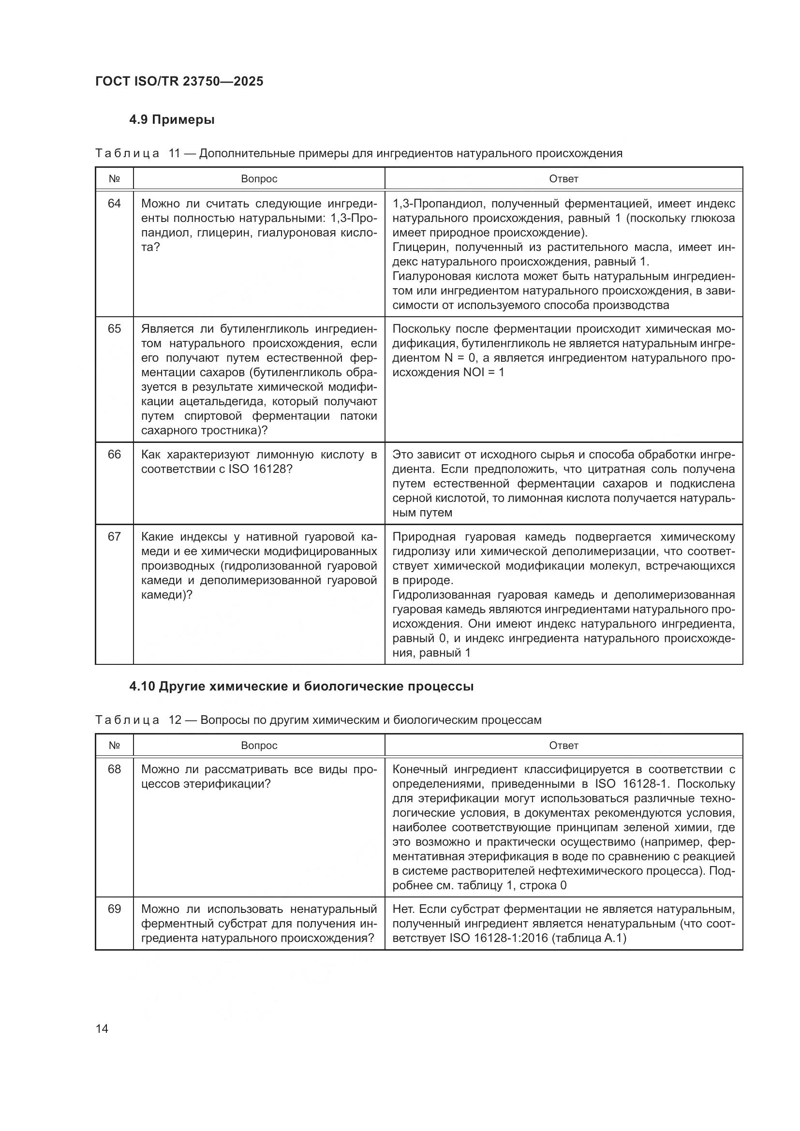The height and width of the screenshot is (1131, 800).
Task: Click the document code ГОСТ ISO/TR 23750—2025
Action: [179, 81]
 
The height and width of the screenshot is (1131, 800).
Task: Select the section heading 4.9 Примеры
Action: [171, 120]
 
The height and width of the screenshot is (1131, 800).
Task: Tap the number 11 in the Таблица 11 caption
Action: [175, 153]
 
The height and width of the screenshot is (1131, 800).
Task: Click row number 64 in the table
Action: [114, 204]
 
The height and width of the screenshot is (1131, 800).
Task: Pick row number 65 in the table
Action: [114, 328]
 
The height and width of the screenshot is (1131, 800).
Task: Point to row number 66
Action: [114, 454]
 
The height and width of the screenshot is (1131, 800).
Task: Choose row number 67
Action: [114, 536]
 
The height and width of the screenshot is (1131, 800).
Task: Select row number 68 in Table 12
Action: [114, 769]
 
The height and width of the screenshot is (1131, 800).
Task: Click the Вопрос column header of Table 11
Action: [259, 179]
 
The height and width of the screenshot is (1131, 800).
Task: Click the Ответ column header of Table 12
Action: [563, 745]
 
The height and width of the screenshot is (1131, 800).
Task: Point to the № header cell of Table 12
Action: [114, 745]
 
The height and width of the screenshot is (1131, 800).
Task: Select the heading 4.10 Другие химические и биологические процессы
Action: [301, 687]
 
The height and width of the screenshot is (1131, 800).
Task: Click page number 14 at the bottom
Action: [102, 1029]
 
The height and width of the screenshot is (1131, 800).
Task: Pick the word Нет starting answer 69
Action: [403, 909]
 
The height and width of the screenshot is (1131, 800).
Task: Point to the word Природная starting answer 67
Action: [422, 536]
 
